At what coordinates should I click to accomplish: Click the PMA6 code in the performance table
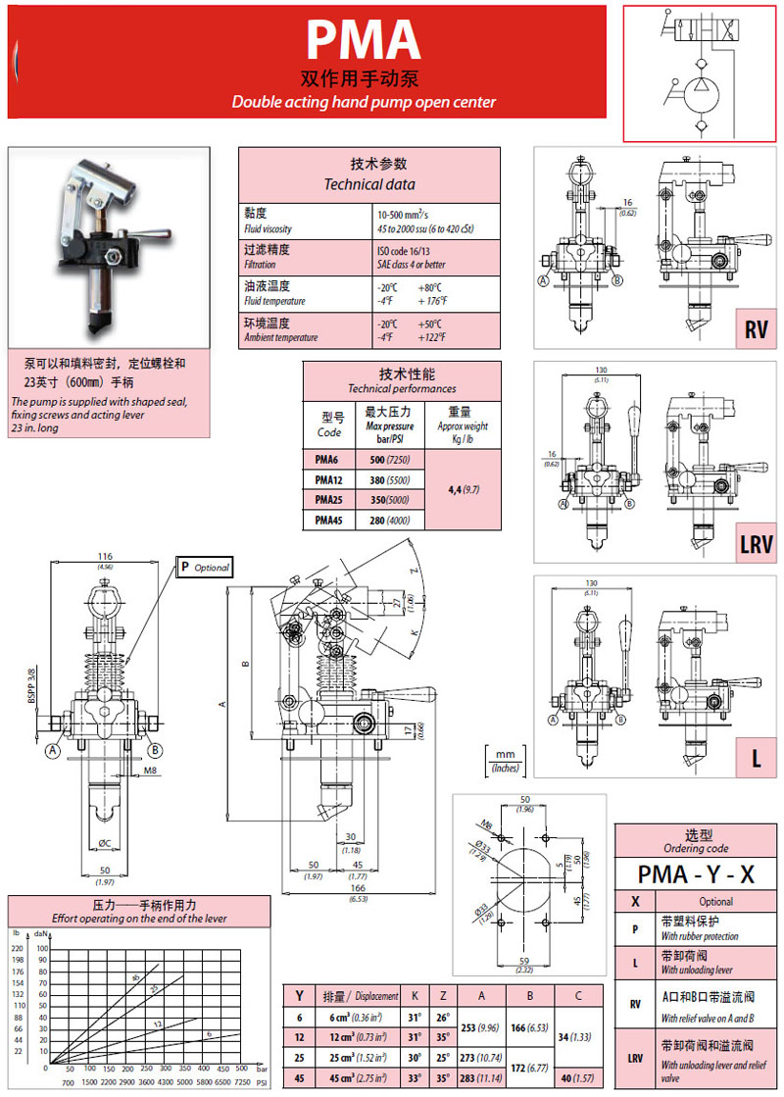click(328, 458)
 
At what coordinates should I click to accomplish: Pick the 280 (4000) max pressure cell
click(388, 520)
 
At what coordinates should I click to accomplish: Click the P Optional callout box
click(204, 567)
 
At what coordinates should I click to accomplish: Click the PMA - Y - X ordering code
click(695, 873)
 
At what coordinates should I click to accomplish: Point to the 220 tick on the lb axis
click(17, 948)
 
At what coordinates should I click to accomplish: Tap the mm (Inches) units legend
click(506, 760)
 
